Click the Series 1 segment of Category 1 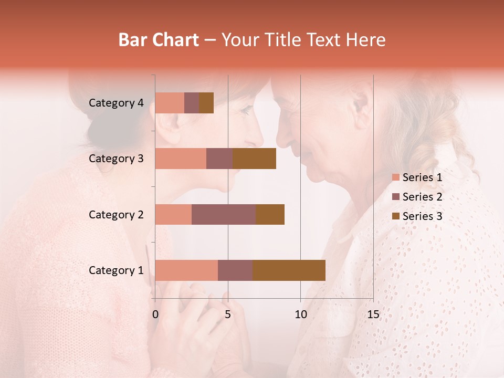[186, 270]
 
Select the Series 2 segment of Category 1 [235, 270]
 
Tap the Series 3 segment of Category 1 [289, 270]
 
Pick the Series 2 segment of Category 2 [224, 214]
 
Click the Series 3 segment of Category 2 [270, 214]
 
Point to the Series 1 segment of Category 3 [181, 159]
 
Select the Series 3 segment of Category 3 [254, 159]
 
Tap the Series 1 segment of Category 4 [170, 103]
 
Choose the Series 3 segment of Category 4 [206, 103]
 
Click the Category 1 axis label [116, 270]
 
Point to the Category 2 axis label [116, 214]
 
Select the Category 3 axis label [116, 159]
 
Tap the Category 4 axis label [116, 103]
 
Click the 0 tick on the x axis [155, 314]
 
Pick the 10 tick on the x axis [300, 314]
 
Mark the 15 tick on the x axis [373, 314]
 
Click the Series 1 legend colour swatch [395, 177]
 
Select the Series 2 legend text [423, 197]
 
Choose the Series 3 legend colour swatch [395, 216]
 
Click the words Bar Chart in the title [159, 39]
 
